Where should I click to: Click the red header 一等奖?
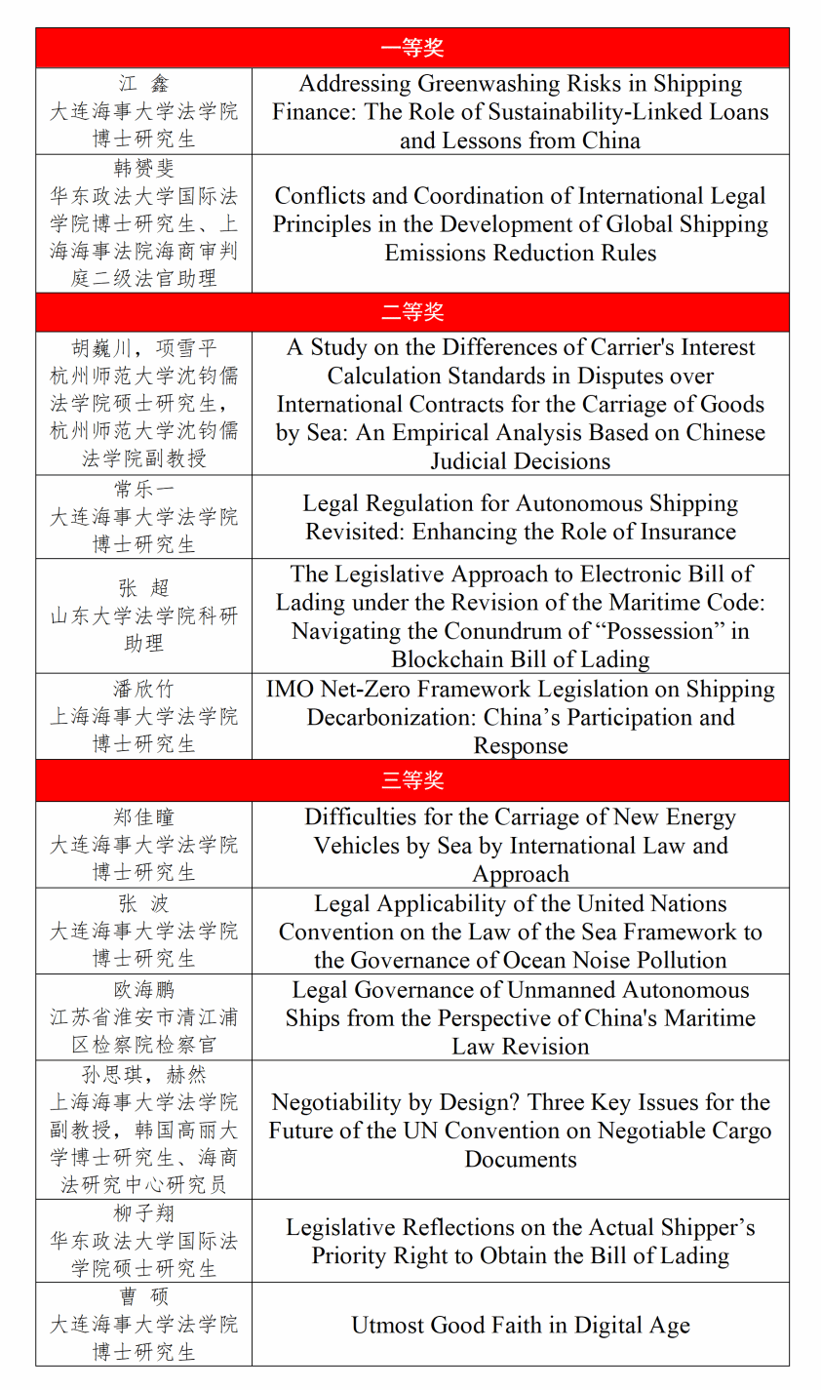coord(411,48)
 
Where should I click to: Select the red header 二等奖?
coord(411,312)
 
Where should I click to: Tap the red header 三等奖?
coord(411,780)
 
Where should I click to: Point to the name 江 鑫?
coord(143,84)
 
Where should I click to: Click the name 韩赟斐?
coord(143,168)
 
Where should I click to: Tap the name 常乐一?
coord(143,489)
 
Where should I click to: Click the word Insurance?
coord(684,532)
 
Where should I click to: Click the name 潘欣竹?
coord(143,689)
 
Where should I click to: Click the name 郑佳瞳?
coord(143,817)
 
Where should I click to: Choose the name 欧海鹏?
coord(143,990)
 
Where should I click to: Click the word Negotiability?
coord(342,1102)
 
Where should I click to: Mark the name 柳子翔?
coord(143,1213)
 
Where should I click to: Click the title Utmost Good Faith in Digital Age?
coord(521,1325)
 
